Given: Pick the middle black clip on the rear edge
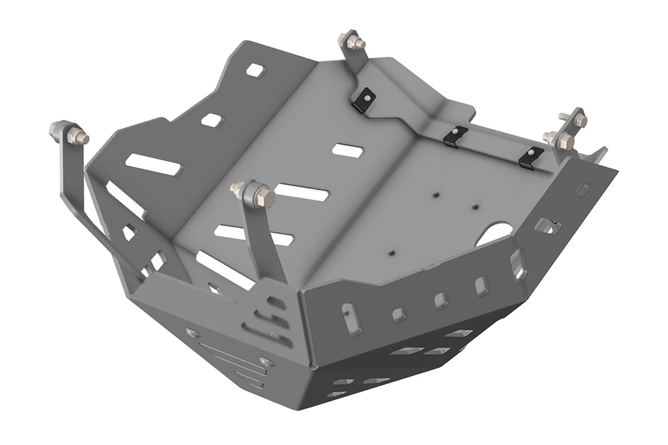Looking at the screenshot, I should [455, 135].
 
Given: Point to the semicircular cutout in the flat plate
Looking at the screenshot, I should [495, 234].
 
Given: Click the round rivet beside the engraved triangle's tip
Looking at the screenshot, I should [266, 363].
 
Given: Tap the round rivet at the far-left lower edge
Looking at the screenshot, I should [193, 333].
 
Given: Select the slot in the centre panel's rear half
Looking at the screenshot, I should [348, 150].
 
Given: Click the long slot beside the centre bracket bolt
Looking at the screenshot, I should [301, 192].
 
